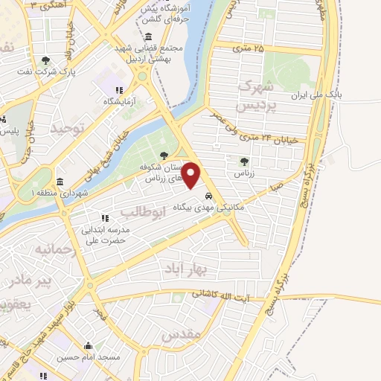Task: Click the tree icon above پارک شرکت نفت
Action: click(45, 60)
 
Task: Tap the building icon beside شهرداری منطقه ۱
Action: click(60, 182)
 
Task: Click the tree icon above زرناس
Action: click(244, 161)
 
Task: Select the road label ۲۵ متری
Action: click(248, 48)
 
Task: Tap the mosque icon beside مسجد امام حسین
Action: click(89, 346)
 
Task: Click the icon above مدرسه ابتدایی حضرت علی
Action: click(106, 219)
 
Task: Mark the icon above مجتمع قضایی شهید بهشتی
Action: click(149, 37)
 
